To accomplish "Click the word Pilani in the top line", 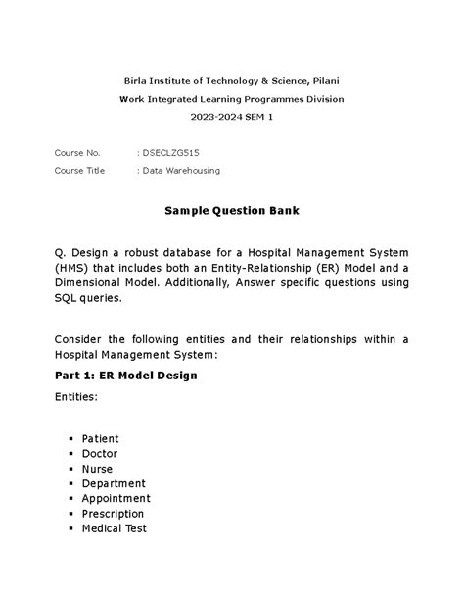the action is click(324, 79).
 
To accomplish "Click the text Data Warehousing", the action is click(181, 170).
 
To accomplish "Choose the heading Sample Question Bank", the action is click(231, 211).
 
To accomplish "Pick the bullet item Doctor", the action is click(100, 454).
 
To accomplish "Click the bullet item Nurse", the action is click(98, 469).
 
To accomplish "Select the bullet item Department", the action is click(114, 483).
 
